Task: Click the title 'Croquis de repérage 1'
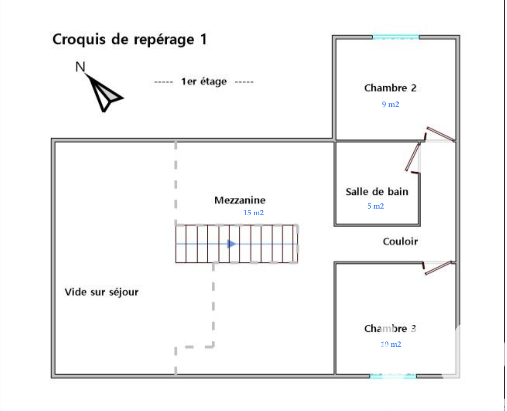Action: [130, 39]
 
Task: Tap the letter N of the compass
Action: [80, 67]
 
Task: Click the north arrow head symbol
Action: [104, 93]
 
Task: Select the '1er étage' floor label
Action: [204, 81]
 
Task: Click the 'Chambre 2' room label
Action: [391, 88]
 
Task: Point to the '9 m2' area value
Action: [391, 104]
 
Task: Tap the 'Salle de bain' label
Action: [377, 192]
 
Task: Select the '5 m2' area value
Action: [375, 206]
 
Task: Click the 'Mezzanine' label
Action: [240, 200]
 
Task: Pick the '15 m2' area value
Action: [253, 212]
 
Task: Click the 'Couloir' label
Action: [400, 241]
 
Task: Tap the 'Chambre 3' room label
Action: [390, 329]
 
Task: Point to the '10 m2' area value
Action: [391, 344]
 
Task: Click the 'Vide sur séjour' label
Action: [101, 292]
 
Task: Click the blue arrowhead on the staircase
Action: [231, 244]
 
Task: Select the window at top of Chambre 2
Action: [396, 37]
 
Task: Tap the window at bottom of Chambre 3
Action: [393, 376]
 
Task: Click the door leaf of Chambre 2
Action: [440, 134]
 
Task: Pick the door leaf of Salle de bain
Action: [413, 156]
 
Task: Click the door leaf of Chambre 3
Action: [438, 268]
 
